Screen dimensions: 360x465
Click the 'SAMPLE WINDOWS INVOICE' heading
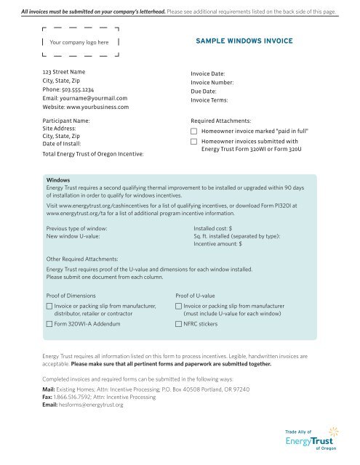tap(244, 41)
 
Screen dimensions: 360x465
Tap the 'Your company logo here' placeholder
tap(79, 43)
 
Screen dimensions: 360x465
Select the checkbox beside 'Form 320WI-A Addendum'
tap(49, 324)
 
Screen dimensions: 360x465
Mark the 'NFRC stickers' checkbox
tap(179, 324)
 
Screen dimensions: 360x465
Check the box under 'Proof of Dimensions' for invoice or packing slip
tap(49, 307)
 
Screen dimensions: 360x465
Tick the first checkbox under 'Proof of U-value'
tap(179, 307)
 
